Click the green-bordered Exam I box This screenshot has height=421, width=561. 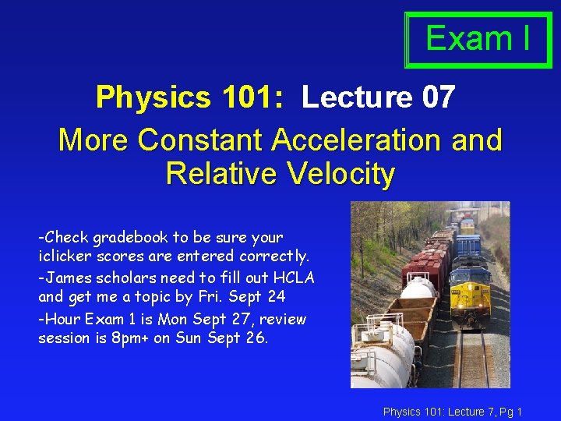coord(478,39)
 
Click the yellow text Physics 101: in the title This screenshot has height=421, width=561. coord(189,98)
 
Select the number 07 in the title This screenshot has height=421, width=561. coord(438,98)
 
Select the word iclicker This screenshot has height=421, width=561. coord(63,256)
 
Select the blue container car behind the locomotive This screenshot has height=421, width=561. coord(467,245)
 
